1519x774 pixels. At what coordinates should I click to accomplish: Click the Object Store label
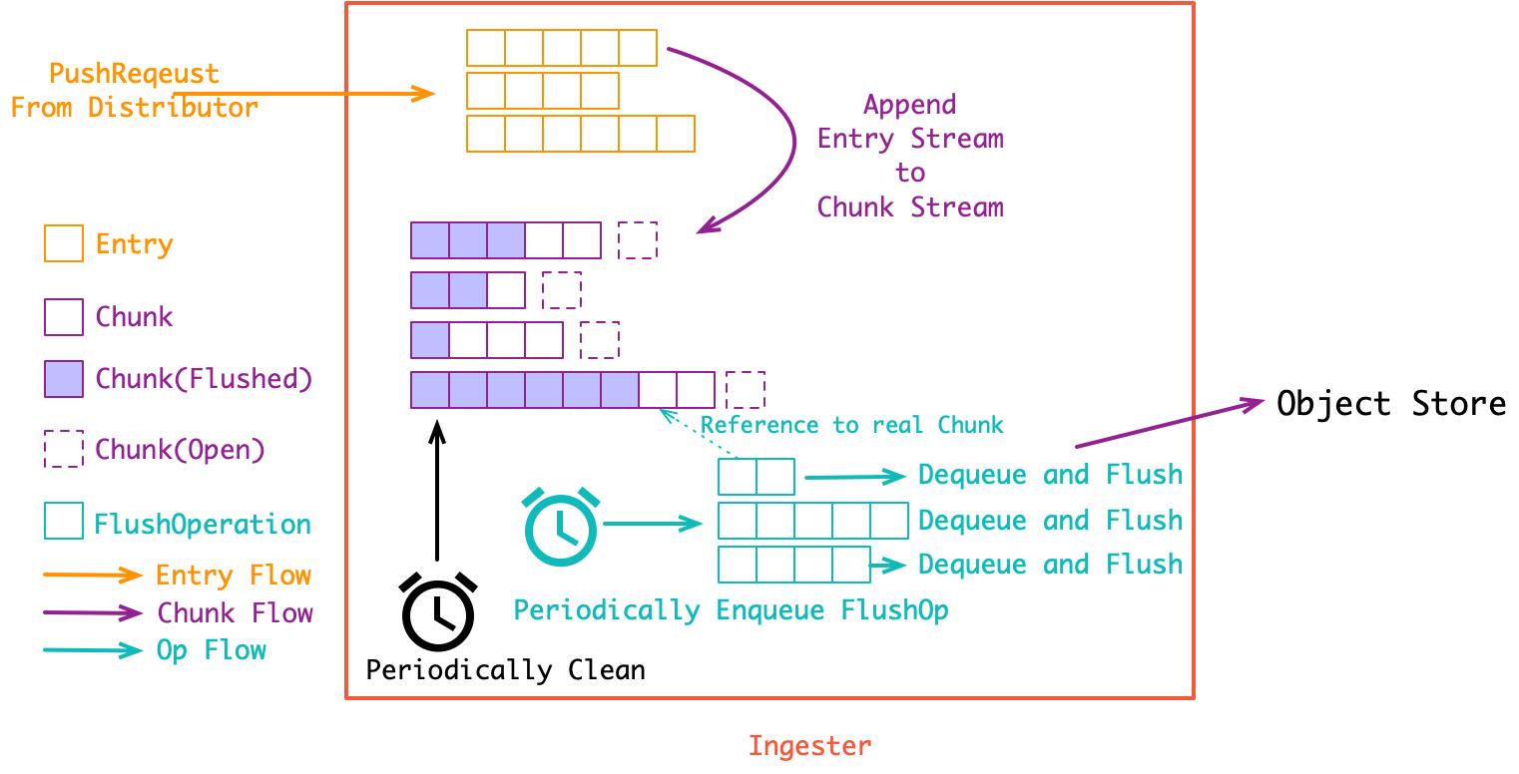click(1391, 404)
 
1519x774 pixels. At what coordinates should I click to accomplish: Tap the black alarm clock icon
click(437, 612)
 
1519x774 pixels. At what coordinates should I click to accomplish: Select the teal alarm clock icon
click(561, 526)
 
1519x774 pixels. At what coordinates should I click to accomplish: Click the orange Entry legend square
click(64, 243)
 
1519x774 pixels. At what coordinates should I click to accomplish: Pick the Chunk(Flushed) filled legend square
click(64, 379)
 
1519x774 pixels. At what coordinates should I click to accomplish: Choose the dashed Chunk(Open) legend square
click(64, 449)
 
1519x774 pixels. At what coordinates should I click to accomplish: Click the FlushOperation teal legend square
click(64, 523)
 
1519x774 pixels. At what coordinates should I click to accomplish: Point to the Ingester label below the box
click(809, 745)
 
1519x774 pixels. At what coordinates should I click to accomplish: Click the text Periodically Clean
click(505, 669)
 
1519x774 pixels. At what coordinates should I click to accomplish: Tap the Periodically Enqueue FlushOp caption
click(731, 609)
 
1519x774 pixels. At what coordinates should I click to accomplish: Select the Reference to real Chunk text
click(851, 425)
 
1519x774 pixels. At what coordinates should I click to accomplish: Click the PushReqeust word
click(134, 74)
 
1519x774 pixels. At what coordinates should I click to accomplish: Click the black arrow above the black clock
click(436, 489)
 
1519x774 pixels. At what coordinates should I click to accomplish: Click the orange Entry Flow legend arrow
click(94, 576)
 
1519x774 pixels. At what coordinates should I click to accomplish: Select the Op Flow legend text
click(212, 651)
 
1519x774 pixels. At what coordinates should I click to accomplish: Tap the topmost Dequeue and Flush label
click(1050, 475)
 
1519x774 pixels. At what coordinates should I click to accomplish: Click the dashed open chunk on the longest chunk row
click(746, 389)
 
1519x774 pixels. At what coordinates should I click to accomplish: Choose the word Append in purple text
click(909, 105)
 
